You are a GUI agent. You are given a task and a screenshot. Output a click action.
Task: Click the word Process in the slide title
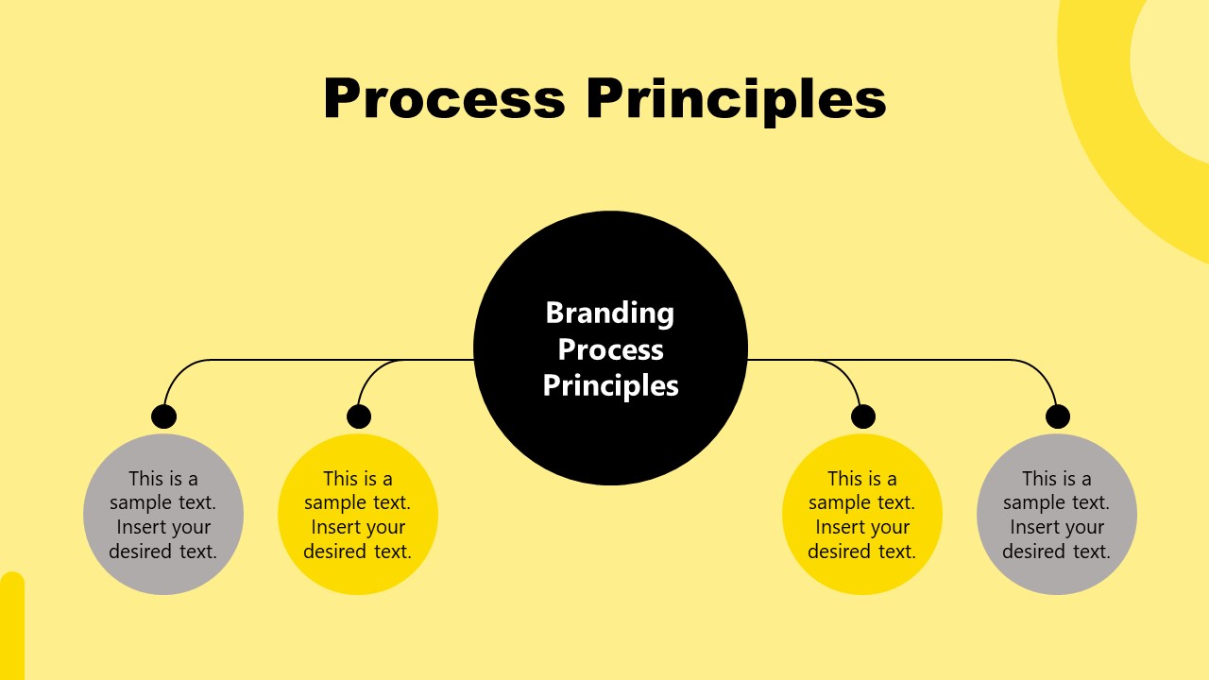(x=443, y=98)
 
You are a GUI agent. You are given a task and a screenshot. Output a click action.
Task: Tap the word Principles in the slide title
(x=736, y=98)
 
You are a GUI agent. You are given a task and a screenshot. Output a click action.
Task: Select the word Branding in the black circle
(x=610, y=313)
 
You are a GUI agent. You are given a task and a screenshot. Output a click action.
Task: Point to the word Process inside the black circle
(x=610, y=349)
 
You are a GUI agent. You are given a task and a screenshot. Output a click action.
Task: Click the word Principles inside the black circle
(x=610, y=385)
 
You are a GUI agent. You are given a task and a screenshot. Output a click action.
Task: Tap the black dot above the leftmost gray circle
(x=164, y=416)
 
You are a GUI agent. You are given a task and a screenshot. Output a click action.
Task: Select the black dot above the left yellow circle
(x=359, y=416)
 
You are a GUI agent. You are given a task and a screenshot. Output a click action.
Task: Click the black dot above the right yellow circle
(x=863, y=416)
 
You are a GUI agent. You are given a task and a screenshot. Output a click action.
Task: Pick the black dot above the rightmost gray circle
(x=1058, y=416)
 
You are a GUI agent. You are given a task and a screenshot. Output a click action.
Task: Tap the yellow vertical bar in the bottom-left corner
(x=11, y=628)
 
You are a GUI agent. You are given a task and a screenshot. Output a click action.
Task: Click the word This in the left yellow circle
(x=340, y=479)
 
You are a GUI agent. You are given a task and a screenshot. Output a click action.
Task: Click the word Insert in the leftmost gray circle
(x=142, y=527)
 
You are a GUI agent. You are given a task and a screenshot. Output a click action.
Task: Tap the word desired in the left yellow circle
(x=334, y=552)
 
